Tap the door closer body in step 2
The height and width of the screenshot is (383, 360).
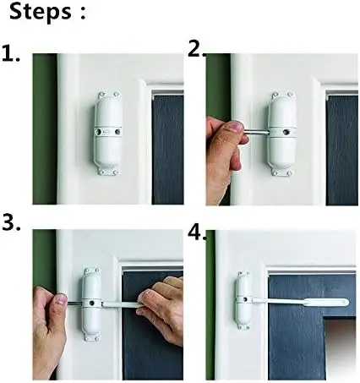click(x=281, y=134)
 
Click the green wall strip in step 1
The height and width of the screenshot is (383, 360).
click(x=43, y=127)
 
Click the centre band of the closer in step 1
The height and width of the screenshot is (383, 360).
click(x=106, y=132)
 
